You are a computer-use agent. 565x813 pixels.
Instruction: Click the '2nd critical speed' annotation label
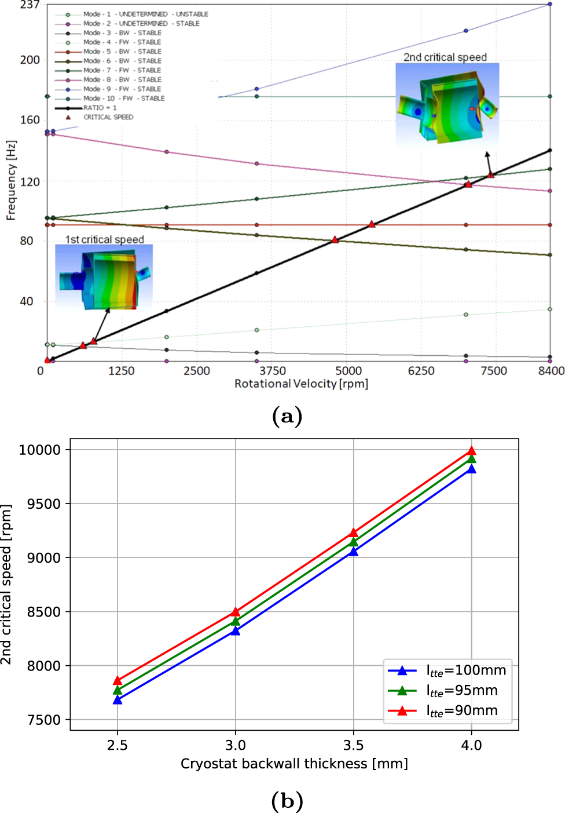tap(445, 57)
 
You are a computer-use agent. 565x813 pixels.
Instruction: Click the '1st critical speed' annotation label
tap(104, 239)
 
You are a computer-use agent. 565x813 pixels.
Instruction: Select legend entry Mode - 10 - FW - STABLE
tap(123, 99)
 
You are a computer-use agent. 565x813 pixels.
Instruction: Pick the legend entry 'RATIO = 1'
tap(100, 108)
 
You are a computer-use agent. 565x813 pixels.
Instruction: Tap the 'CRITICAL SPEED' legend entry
tap(108, 117)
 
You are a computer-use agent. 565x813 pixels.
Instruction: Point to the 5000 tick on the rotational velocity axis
tap(348, 371)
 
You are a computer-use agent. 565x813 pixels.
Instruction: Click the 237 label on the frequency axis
tap(30, 5)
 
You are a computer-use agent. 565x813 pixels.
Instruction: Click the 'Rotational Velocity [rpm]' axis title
tap(301, 384)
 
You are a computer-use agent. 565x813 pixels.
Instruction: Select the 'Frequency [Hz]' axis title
tap(11, 180)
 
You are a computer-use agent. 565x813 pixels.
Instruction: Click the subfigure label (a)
tap(287, 416)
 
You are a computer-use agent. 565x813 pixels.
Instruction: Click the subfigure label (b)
tap(287, 801)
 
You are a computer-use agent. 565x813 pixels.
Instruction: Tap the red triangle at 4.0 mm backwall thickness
tap(471, 451)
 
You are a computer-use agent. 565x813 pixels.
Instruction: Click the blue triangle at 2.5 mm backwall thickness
tap(118, 700)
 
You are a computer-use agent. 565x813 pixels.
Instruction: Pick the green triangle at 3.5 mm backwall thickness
tap(353, 542)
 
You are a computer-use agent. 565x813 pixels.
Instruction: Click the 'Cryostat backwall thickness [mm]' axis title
tap(294, 764)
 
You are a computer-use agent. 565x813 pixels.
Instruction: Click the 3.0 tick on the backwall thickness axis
tap(235, 745)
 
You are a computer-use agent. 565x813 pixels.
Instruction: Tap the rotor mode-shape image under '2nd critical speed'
tap(447, 103)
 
